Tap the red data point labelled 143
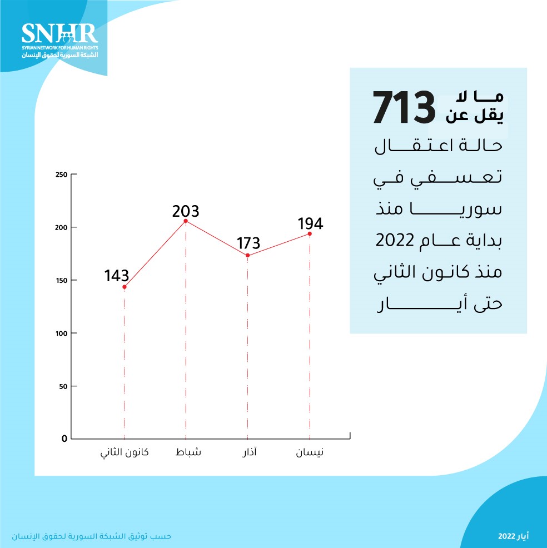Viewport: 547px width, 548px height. [x=125, y=287]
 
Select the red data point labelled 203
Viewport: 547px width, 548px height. [x=186, y=221]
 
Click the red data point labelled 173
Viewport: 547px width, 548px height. [x=247, y=256]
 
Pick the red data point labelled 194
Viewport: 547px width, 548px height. [x=309, y=234]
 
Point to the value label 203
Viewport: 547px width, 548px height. [x=186, y=211]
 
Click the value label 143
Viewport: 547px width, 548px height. [x=117, y=276]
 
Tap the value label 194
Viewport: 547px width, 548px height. [x=310, y=224]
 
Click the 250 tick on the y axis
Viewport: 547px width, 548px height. [x=61, y=175]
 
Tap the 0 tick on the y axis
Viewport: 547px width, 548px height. [x=64, y=439]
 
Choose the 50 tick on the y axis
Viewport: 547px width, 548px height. [x=63, y=386]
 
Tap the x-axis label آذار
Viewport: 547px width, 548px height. [x=247, y=452]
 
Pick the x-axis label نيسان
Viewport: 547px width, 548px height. [x=309, y=452]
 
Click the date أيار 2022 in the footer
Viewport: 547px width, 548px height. [x=513, y=537]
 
